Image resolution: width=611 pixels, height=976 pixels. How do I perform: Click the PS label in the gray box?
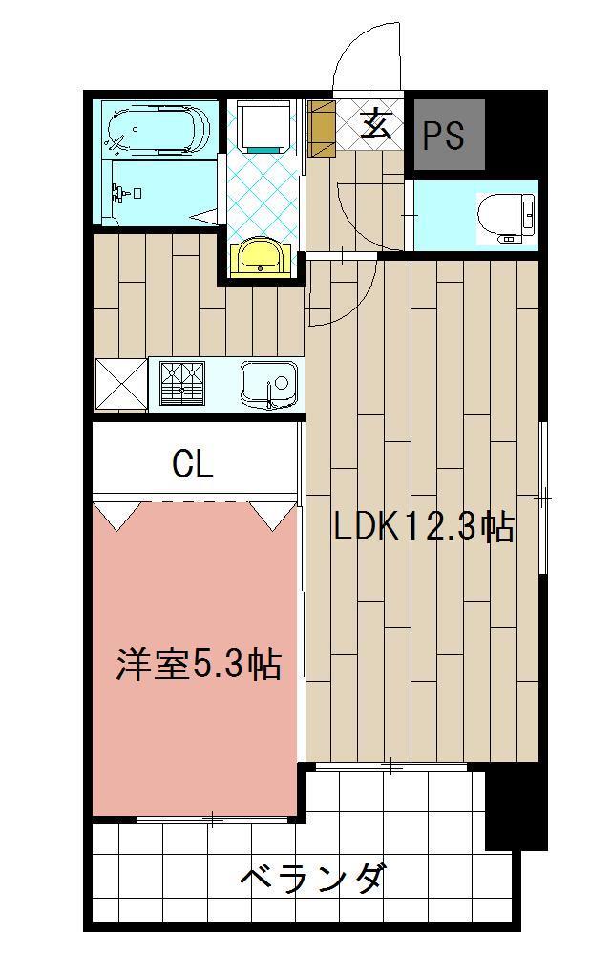click(444, 137)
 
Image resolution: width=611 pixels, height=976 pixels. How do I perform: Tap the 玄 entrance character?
click(377, 126)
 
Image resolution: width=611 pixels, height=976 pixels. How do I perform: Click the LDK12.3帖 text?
click(424, 526)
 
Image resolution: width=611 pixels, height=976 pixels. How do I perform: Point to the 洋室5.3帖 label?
click(199, 664)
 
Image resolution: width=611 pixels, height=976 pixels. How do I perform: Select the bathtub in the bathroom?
click(158, 129)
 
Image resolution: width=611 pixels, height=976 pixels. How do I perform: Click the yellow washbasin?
click(260, 256)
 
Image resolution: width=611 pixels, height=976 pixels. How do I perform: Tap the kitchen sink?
click(269, 385)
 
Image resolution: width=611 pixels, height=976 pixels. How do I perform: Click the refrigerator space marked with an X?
click(120, 384)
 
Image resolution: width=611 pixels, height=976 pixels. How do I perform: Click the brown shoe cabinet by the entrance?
click(323, 128)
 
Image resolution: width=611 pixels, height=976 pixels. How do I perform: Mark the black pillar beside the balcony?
click(516, 807)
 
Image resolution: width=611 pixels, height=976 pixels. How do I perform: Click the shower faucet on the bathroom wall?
click(122, 194)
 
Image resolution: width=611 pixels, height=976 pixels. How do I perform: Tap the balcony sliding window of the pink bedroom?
click(212, 818)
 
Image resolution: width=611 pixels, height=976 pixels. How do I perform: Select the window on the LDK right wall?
click(542, 498)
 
